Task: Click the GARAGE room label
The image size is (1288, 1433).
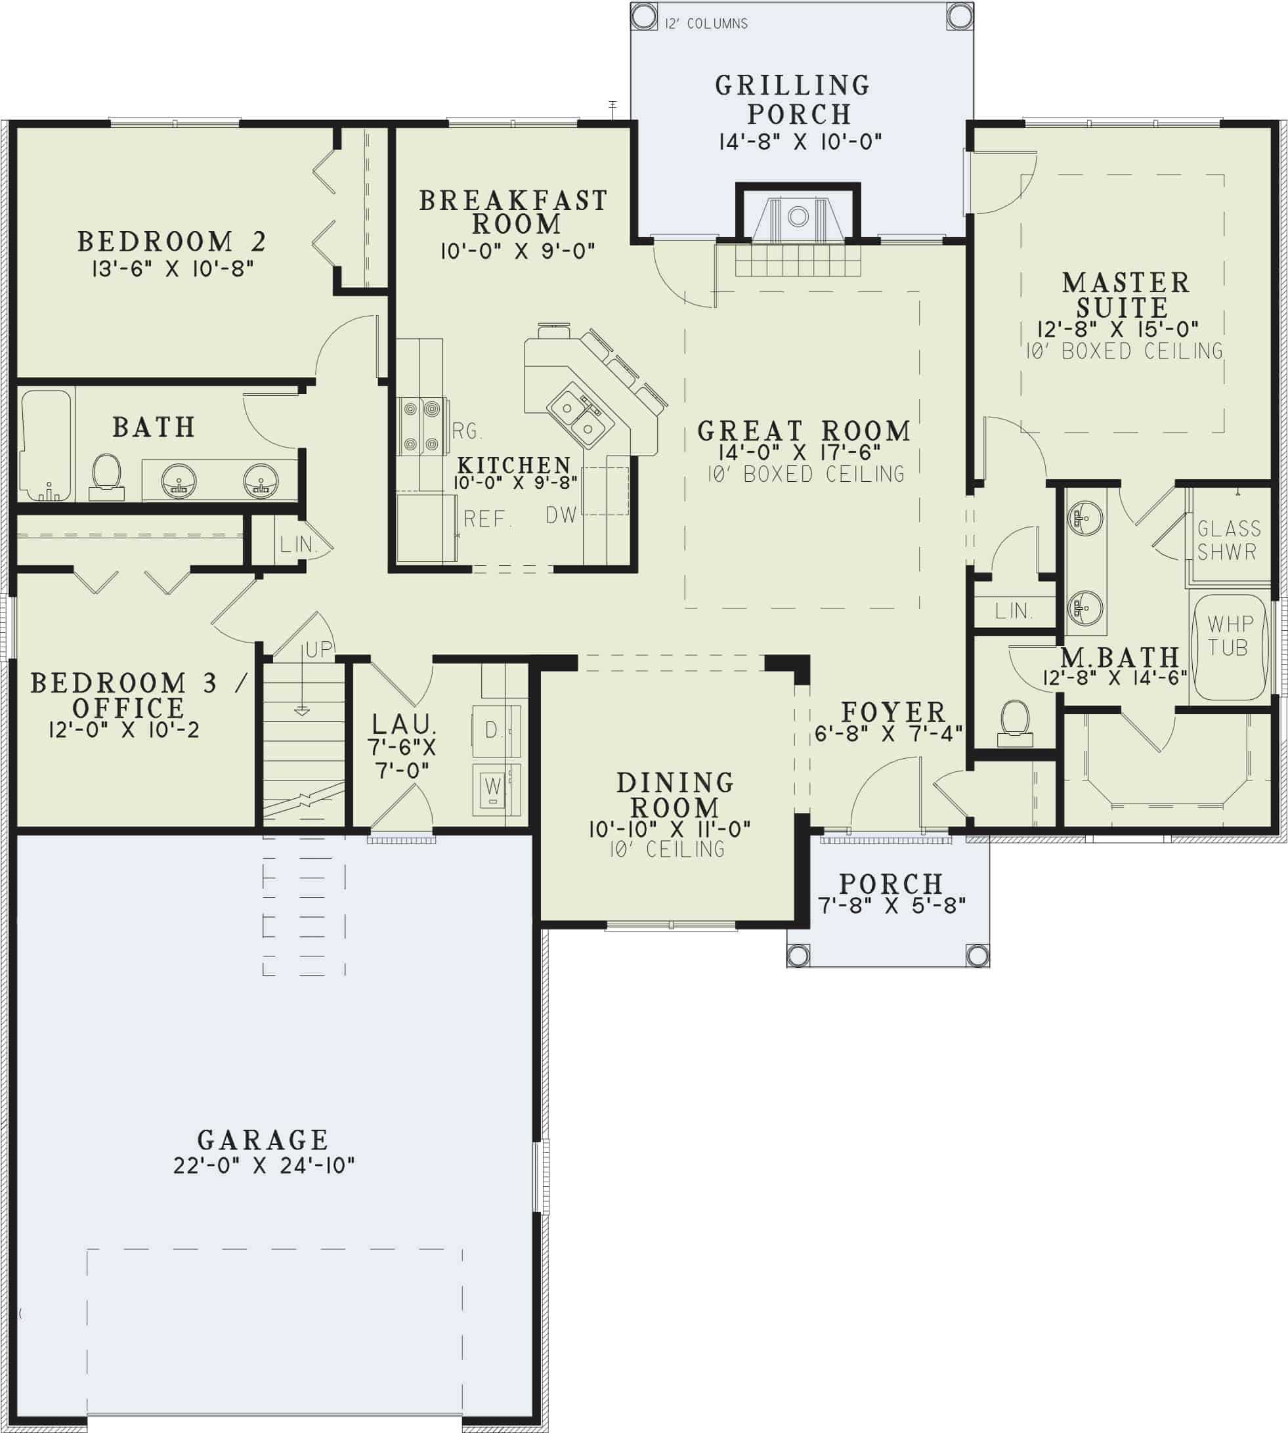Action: pyautogui.click(x=263, y=1140)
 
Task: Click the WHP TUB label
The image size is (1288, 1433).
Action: pyautogui.click(x=1230, y=635)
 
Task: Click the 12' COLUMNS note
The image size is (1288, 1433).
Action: pyautogui.click(x=706, y=24)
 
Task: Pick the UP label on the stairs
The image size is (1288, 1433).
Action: pyautogui.click(x=318, y=649)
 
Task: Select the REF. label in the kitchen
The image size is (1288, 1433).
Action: pyautogui.click(x=487, y=519)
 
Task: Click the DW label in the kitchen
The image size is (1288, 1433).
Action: pyautogui.click(x=561, y=515)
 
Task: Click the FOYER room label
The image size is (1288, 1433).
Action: pyautogui.click(x=892, y=712)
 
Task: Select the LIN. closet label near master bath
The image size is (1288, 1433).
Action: pyautogui.click(x=1013, y=610)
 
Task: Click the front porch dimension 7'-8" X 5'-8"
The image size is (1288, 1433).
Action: pyautogui.click(x=891, y=905)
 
